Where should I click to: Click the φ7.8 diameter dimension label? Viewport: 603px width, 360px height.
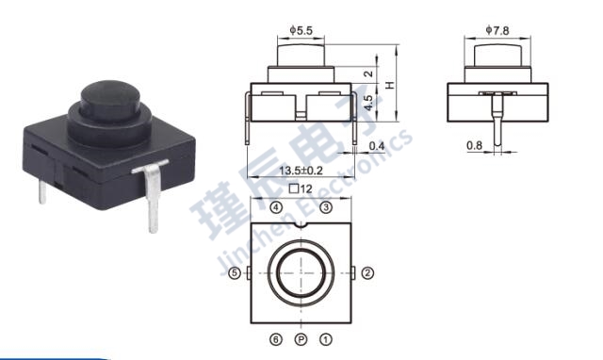[497, 31]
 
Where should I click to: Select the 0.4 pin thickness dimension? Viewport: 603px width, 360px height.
[377, 146]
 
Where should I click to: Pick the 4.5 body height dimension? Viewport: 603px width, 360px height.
[369, 98]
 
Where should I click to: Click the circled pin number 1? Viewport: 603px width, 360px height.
[326, 338]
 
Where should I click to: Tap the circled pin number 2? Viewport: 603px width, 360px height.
[367, 273]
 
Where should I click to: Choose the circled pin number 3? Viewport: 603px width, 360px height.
[325, 206]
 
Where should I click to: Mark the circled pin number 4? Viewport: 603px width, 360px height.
[275, 206]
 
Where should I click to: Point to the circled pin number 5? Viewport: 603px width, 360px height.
[235, 273]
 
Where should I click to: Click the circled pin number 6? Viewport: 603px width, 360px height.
[275, 338]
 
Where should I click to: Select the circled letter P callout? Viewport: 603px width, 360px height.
[301, 338]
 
